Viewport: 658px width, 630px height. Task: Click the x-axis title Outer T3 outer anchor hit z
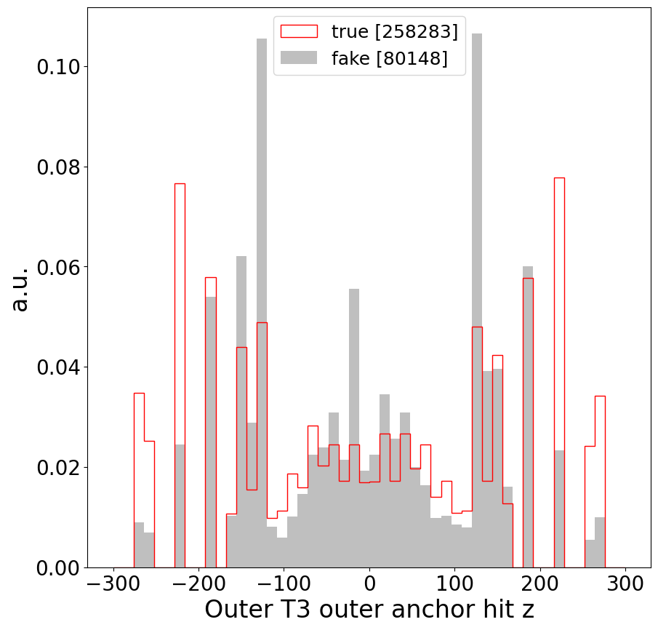coord(369,609)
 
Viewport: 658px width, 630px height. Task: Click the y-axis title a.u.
coord(20,289)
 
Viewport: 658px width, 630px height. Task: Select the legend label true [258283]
coord(394,31)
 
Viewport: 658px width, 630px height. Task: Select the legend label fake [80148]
coord(389,58)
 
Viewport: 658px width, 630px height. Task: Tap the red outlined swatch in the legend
coord(299,31)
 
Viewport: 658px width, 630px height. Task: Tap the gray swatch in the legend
coord(299,58)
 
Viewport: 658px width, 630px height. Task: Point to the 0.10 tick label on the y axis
coord(57,67)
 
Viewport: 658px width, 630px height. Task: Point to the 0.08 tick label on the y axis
coord(57,167)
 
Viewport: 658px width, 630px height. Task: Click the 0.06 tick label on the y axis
coord(57,267)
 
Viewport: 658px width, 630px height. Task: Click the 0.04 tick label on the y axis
coord(57,367)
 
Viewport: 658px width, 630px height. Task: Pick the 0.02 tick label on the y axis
coord(57,467)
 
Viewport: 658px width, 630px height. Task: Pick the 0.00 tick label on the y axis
coord(57,567)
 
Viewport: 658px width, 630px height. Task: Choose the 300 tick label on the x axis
coord(626,584)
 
